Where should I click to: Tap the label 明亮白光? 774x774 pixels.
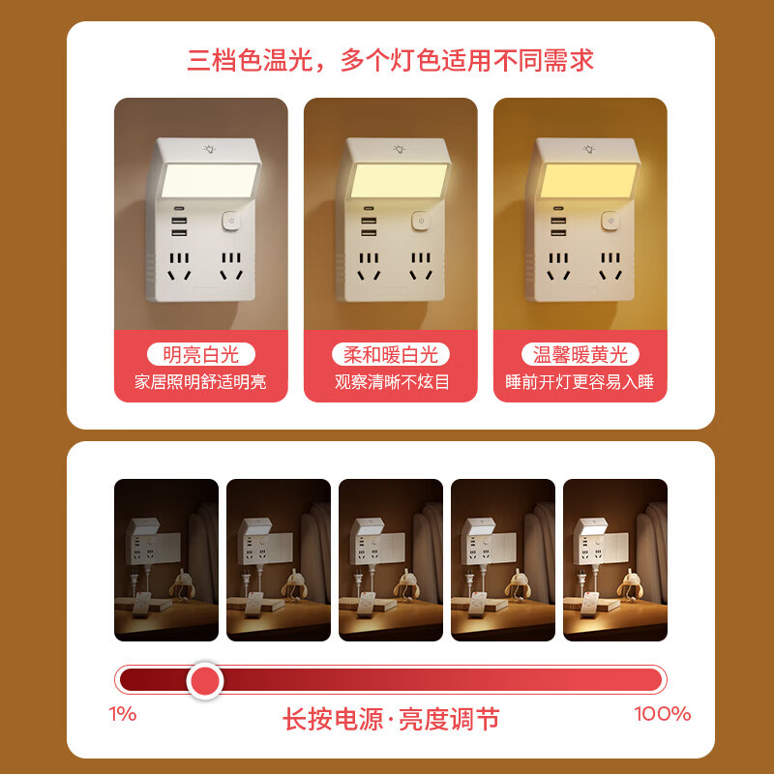[x=200, y=354]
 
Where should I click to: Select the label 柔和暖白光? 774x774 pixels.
[x=391, y=354]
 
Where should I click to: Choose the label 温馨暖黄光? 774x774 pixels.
[x=580, y=354]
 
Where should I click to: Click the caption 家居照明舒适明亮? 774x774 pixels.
[x=200, y=382]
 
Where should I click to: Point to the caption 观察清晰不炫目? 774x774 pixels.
[x=391, y=382]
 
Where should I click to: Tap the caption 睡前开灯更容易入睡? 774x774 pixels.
[x=580, y=382]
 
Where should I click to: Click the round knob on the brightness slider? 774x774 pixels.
[x=204, y=680]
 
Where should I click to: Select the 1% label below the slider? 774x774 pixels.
[x=123, y=715]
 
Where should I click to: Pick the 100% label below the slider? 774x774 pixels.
[x=662, y=715]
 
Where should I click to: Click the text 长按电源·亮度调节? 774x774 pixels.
[x=391, y=719]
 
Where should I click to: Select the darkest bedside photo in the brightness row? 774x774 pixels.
[x=166, y=559]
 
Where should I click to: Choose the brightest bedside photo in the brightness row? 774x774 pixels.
[x=615, y=559]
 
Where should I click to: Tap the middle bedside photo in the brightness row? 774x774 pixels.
[x=391, y=559]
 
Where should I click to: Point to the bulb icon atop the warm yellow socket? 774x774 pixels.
[x=588, y=148]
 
